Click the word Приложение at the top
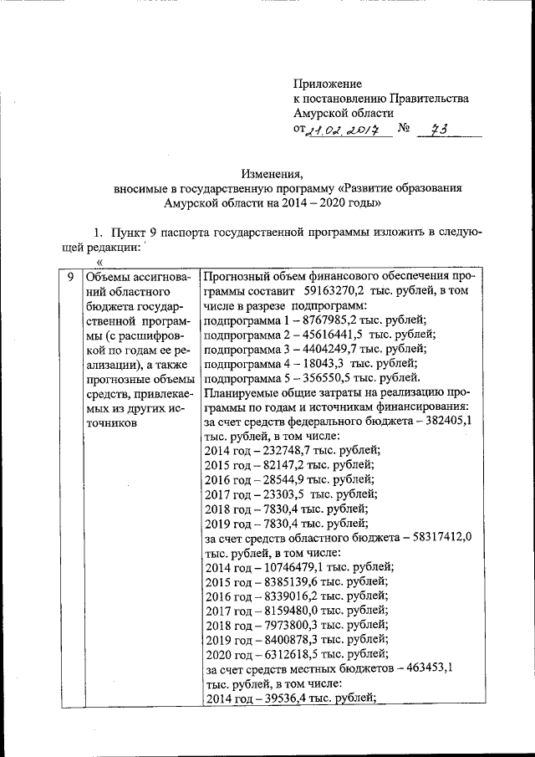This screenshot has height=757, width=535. (x=327, y=84)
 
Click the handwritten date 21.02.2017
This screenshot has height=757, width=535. (x=344, y=130)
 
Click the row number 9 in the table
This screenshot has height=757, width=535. (x=70, y=275)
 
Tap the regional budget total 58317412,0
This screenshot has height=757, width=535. (x=438, y=538)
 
